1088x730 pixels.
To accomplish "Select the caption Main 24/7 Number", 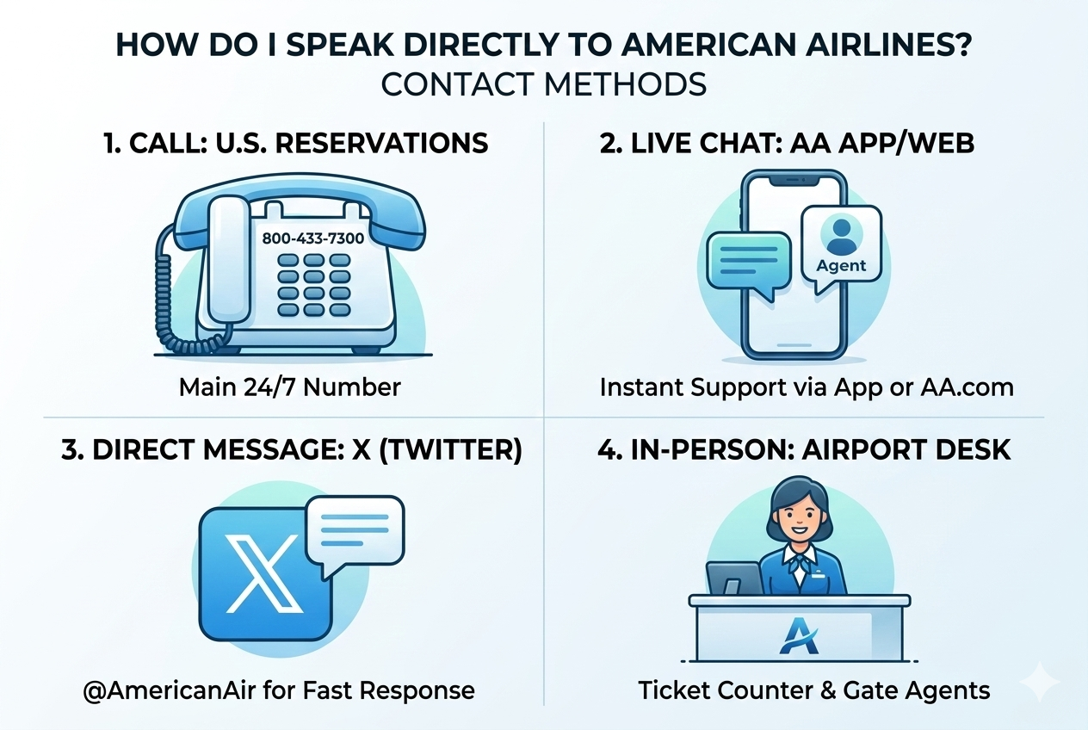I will (x=290, y=387).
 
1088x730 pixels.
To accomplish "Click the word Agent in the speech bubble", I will (x=841, y=265).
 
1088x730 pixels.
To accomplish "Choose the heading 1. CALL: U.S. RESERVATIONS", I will (x=295, y=142).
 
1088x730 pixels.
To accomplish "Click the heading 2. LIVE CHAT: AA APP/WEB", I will (x=787, y=142).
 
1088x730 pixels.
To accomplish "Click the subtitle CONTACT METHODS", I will (x=544, y=84).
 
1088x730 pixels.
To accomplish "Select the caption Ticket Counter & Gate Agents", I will (x=814, y=690).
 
